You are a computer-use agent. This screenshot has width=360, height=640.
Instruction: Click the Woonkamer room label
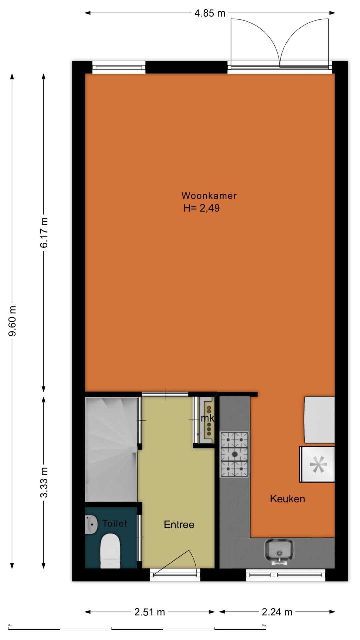pos(209,196)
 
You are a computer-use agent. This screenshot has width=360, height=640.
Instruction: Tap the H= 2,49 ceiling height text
pos(202,208)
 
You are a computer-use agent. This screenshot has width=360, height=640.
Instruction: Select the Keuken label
pos(287,499)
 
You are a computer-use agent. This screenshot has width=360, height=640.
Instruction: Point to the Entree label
pos(179,525)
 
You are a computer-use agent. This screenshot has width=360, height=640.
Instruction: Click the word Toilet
pos(115,523)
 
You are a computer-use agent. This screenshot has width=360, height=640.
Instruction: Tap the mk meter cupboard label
pos(207,418)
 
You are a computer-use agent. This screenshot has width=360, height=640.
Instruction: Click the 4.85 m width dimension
pos(210,13)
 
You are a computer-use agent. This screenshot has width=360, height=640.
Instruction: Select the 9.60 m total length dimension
pos(12,321)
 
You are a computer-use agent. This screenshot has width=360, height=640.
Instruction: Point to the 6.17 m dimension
pos(44,232)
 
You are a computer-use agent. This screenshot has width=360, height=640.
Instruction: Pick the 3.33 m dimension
pos(44,482)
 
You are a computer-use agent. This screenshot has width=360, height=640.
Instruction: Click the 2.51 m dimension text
pos(150,612)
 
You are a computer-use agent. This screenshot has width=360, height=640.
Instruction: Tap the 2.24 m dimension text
pos(277,612)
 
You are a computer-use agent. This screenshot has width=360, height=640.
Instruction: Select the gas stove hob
pos(234,454)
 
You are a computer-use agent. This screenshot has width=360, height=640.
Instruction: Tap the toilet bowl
pos(110,551)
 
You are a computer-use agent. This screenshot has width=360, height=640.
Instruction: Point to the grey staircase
pos(111,449)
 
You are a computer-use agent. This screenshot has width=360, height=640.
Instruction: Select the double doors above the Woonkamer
pos(280,43)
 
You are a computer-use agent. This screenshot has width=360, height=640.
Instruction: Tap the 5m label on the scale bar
pos(264,625)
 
